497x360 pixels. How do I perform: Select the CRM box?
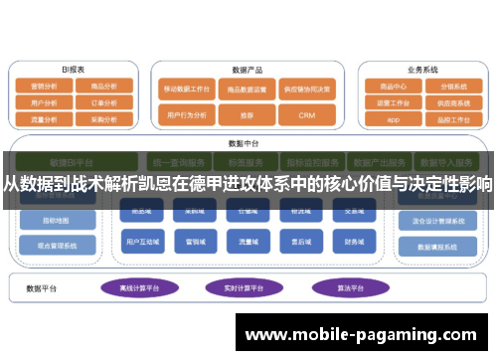[x=306, y=115]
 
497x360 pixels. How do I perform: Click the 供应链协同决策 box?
[x=306, y=88]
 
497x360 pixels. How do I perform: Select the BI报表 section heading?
[x=72, y=70]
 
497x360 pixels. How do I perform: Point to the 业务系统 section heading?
[x=422, y=70]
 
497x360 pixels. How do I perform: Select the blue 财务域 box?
[x=355, y=240]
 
